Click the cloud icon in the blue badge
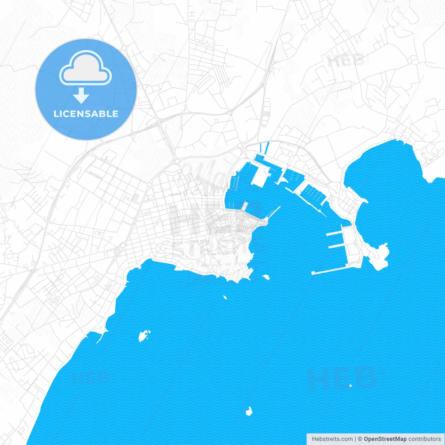[x=86, y=68]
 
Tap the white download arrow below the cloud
[x=81, y=96]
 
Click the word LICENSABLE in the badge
[x=86, y=114]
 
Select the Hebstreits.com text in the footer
[x=332, y=439]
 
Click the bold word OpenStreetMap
[x=385, y=439]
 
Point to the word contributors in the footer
[x=424, y=439]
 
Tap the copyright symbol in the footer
[x=360, y=439]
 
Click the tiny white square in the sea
[x=350, y=386]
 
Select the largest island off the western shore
[x=143, y=336]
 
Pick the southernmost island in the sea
[x=249, y=412]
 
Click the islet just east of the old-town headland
[x=266, y=277]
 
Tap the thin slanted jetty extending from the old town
[x=274, y=212]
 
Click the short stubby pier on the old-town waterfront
[x=245, y=206]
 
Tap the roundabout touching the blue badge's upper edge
[x=124, y=47]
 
